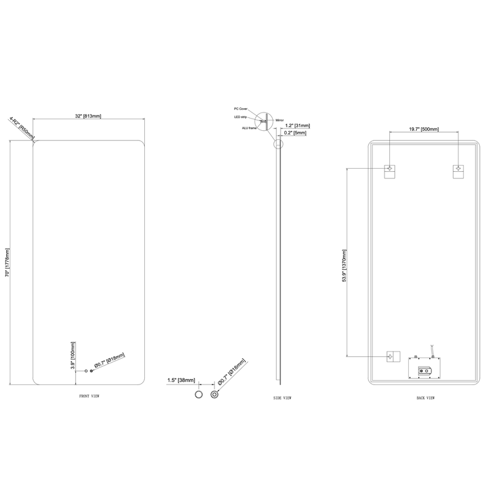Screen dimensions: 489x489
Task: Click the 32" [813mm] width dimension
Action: coord(88,116)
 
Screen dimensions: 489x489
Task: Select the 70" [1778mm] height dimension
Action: coord(7,262)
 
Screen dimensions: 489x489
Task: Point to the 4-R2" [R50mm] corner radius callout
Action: coord(22,128)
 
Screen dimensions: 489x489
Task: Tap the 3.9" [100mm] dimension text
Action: coord(73,356)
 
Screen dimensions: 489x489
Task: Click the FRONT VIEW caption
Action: coord(89,396)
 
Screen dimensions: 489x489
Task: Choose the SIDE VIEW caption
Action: coord(282,398)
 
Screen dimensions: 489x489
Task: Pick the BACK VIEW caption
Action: coord(425,398)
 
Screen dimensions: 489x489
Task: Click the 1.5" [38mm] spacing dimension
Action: coord(181,380)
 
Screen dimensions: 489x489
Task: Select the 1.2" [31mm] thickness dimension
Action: coord(298,126)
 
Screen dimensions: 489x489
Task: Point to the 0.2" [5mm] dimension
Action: coord(295,133)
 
